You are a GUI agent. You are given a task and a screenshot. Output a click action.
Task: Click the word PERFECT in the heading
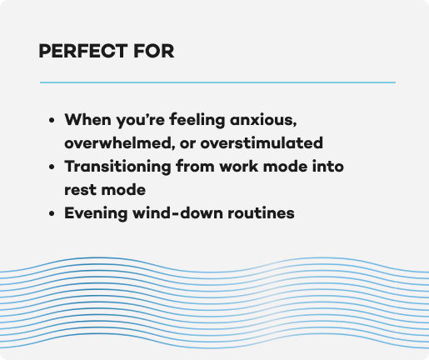83,51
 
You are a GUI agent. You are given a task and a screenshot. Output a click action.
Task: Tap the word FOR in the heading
154,51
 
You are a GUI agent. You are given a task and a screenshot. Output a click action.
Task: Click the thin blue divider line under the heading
217,82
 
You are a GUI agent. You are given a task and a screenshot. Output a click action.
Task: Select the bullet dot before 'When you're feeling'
52,121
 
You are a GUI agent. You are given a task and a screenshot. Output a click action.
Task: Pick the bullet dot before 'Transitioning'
52,167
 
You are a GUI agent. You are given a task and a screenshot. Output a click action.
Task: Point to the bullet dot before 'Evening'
52,213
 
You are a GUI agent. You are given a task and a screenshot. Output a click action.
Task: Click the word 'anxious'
263,120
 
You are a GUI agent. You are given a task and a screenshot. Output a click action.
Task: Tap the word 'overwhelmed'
120,143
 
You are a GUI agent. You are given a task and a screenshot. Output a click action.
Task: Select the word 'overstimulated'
262,143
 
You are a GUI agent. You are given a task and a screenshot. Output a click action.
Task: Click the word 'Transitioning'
117,167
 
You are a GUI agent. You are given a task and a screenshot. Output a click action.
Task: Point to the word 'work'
239,167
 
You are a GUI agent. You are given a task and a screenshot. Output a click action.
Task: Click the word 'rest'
80,190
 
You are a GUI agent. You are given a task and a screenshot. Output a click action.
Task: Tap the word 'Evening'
96,213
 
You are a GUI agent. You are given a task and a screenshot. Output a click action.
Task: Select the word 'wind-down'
177,213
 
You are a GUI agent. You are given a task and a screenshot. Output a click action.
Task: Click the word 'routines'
261,213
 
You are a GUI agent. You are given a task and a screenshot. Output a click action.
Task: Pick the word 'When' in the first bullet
87,119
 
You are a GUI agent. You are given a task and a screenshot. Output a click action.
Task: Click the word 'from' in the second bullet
195,167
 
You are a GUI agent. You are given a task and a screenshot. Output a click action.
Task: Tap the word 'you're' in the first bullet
140,121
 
